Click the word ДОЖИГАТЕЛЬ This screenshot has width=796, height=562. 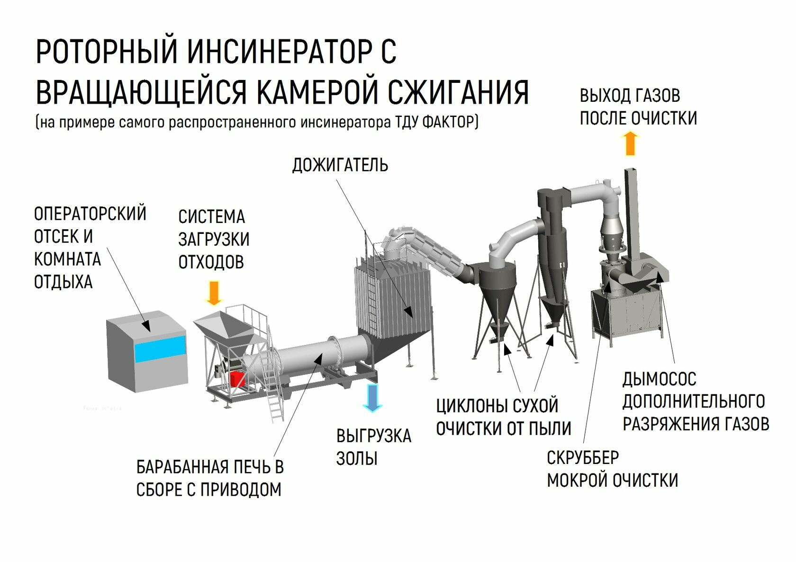[340, 165]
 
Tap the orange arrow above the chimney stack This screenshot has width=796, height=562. [630, 144]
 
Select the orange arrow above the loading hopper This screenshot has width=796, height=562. [214, 293]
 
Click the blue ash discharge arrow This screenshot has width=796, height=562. [372, 397]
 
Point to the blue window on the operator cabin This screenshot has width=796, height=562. [160, 349]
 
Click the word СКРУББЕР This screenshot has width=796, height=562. [582, 458]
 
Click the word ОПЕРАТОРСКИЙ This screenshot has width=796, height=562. [90, 214]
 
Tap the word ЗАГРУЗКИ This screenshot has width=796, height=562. [214, 240]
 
